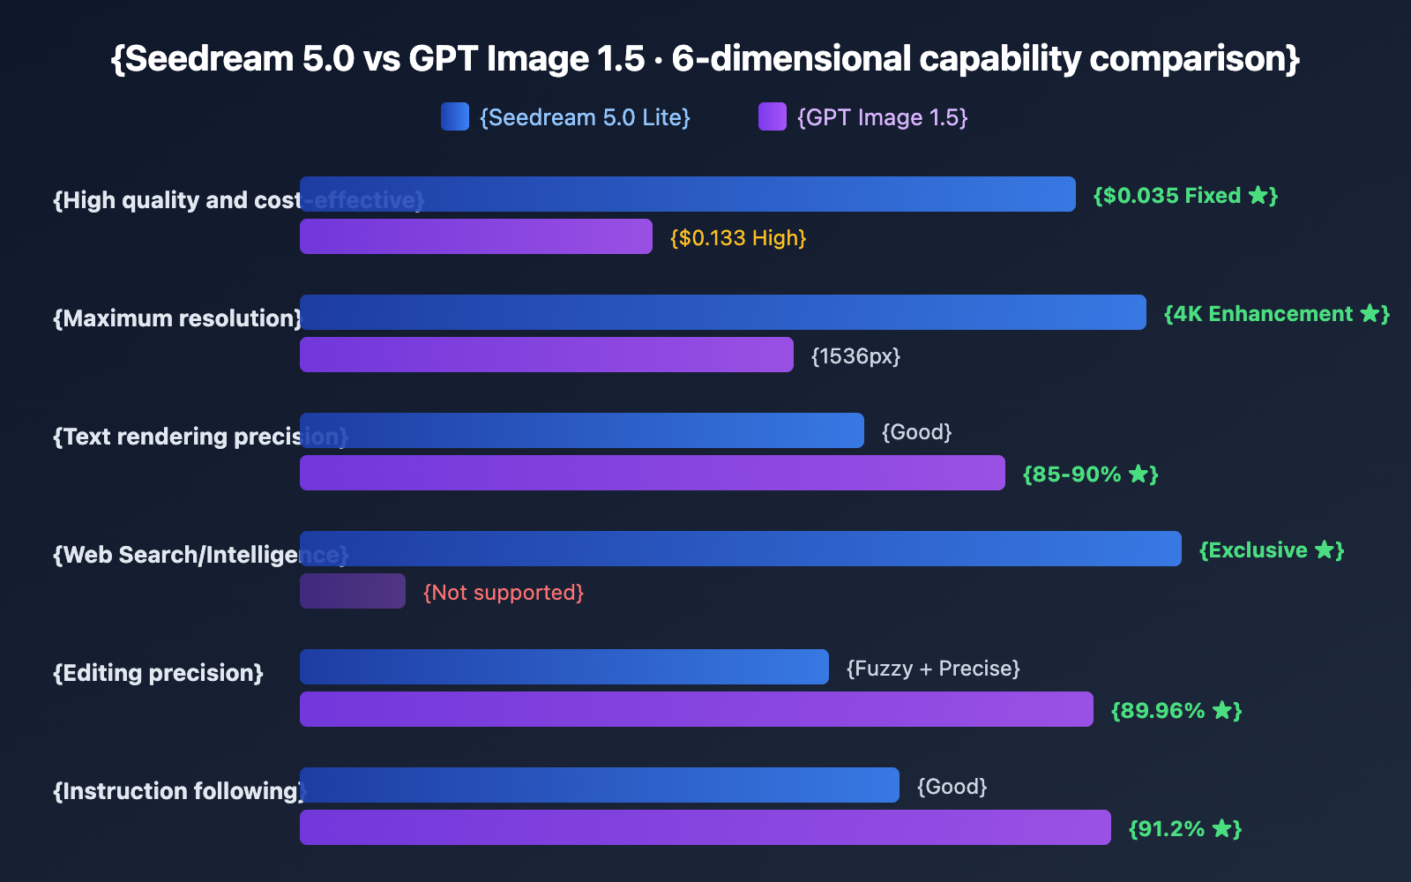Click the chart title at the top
705,59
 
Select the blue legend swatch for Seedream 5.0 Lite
455,116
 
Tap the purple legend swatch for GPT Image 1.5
773,116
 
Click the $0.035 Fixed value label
1185,196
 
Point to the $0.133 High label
738,238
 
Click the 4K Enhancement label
1276,314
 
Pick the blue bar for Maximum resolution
723,312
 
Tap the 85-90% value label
1090,475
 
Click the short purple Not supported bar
353,591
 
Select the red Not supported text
504,593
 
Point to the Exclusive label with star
1272,550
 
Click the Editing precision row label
159,673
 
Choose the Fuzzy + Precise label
933,669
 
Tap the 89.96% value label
1176,711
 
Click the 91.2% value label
1185,829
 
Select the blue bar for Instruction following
600,785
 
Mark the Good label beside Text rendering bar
917,432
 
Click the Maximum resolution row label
177,318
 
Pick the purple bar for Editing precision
697,709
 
